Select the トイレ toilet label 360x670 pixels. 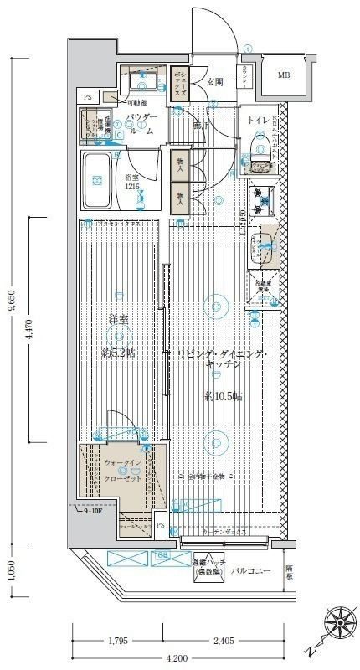click(258, 121)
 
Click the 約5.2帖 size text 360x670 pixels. click(118, 353)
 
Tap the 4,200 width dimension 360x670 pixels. click(176, 659)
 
